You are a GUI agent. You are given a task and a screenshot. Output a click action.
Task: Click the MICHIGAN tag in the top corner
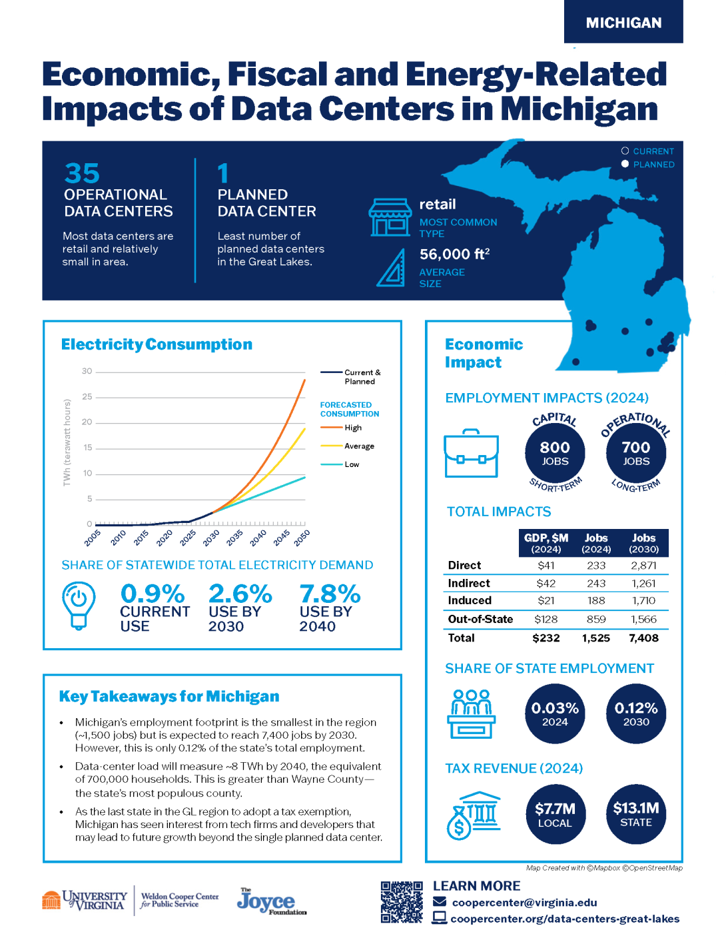pyautogui.click(x=623, y=23)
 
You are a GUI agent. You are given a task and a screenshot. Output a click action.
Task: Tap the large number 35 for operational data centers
pyautogui.click(x=82, y=174)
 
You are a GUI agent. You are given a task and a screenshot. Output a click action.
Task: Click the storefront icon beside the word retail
pyautogui.click(x=390, y=217)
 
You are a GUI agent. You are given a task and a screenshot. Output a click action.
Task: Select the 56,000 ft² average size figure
pyautogui.click(x=454, y=254)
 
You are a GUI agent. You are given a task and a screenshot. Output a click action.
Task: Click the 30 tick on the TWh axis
pyautogui.click(x=87, y=371)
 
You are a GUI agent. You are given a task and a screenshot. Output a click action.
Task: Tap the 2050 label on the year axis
pyautogui.click(x=302, y=538)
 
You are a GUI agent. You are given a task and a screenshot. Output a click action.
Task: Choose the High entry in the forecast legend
pyautogui.click(x=352, y=428)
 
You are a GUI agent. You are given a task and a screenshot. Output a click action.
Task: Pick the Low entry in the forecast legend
pyautogui.click(x=351, y=464)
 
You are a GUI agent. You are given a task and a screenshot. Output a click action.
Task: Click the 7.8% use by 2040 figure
pyautogui.click(x=330, y=594)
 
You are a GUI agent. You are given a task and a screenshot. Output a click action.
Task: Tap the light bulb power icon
pyautogui.click(x=79, y=604)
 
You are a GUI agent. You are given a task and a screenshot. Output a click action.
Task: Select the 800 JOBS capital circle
pyautogui.click(x=555, y=453)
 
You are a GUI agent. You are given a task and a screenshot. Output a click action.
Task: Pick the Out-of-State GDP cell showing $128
pyautogui.click(x=546, y=620)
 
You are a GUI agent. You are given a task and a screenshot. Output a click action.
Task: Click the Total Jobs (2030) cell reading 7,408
pyautogui.click(x=643, y=638)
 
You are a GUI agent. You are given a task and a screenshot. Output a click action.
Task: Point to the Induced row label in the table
pyautogui.click(x=470, y=601)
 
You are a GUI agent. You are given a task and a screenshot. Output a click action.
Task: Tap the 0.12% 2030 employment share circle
pyautogui.click(x=636, y=713)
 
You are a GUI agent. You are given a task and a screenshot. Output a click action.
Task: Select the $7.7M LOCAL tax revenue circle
pyautogui.click(x=555, y=814)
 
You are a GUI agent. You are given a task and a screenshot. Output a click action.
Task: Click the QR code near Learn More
pyautogui.click(x=402, y=902)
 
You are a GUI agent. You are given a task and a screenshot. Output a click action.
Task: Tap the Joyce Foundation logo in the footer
pyautogui.click(x=270, y=901)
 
